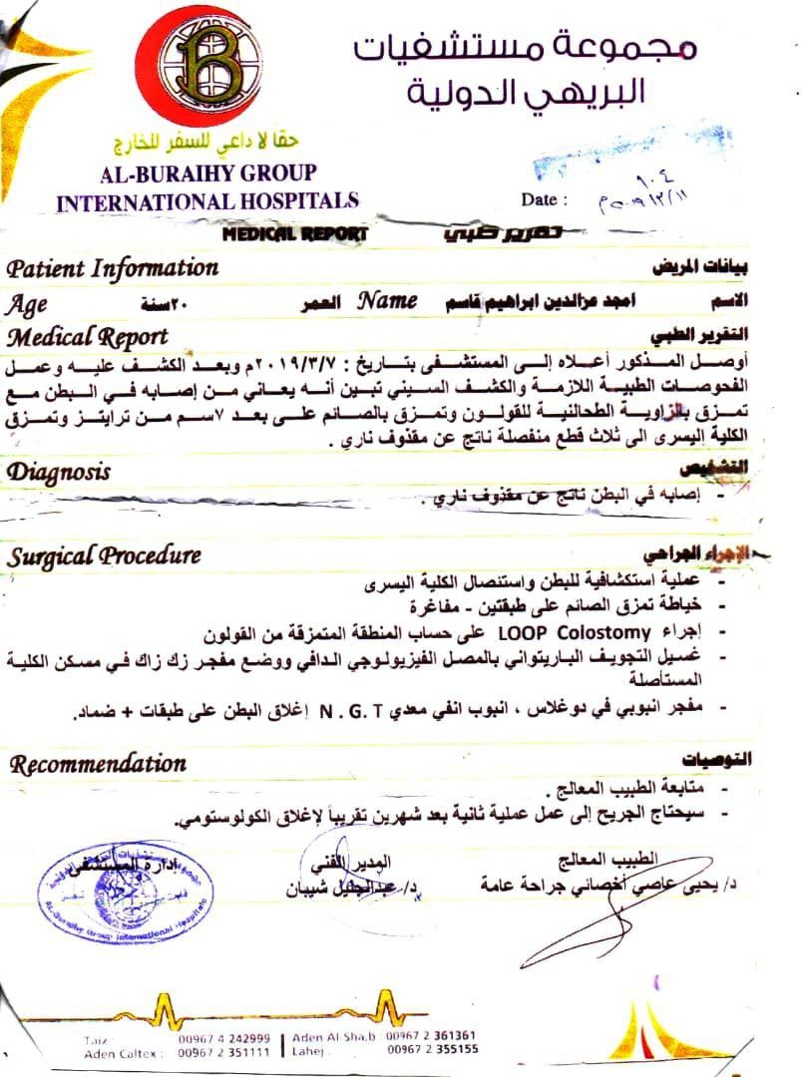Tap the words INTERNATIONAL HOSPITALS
pyautogui.click(x=207, y=200)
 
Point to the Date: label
pyautogui.click(x=544, y=199)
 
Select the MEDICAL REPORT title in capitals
pyautogui.click(x=294, y=235)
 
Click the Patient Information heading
pyautogui.click(x=112, y=268)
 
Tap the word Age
pyautogui.click(x=26, y=303)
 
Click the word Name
pyautogui.click(x=388, y=299)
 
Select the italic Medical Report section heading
pyautogui.click(x=87, y=336)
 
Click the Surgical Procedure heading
pyautogui.click(x=104, y=556)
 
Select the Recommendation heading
pyautogui.click(x=98, y=765)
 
